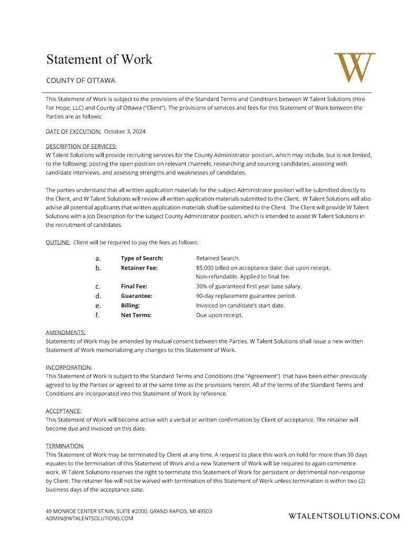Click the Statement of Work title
tap(99, 59)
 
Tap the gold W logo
tap(355, 67)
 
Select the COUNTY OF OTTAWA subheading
tap(80, 81)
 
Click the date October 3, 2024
tap(124, 131)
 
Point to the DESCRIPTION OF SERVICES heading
tap(81, 146)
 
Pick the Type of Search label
tap(142, 258)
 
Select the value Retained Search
tap(217, 258)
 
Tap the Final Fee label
tap(134, 286)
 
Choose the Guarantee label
tap(136, 296)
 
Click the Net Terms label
tap(136, 315)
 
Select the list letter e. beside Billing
tap(98, 306)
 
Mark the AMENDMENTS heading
tap(66, 333)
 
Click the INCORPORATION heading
tap(69, 367)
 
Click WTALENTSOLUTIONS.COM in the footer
tap(344, 516)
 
